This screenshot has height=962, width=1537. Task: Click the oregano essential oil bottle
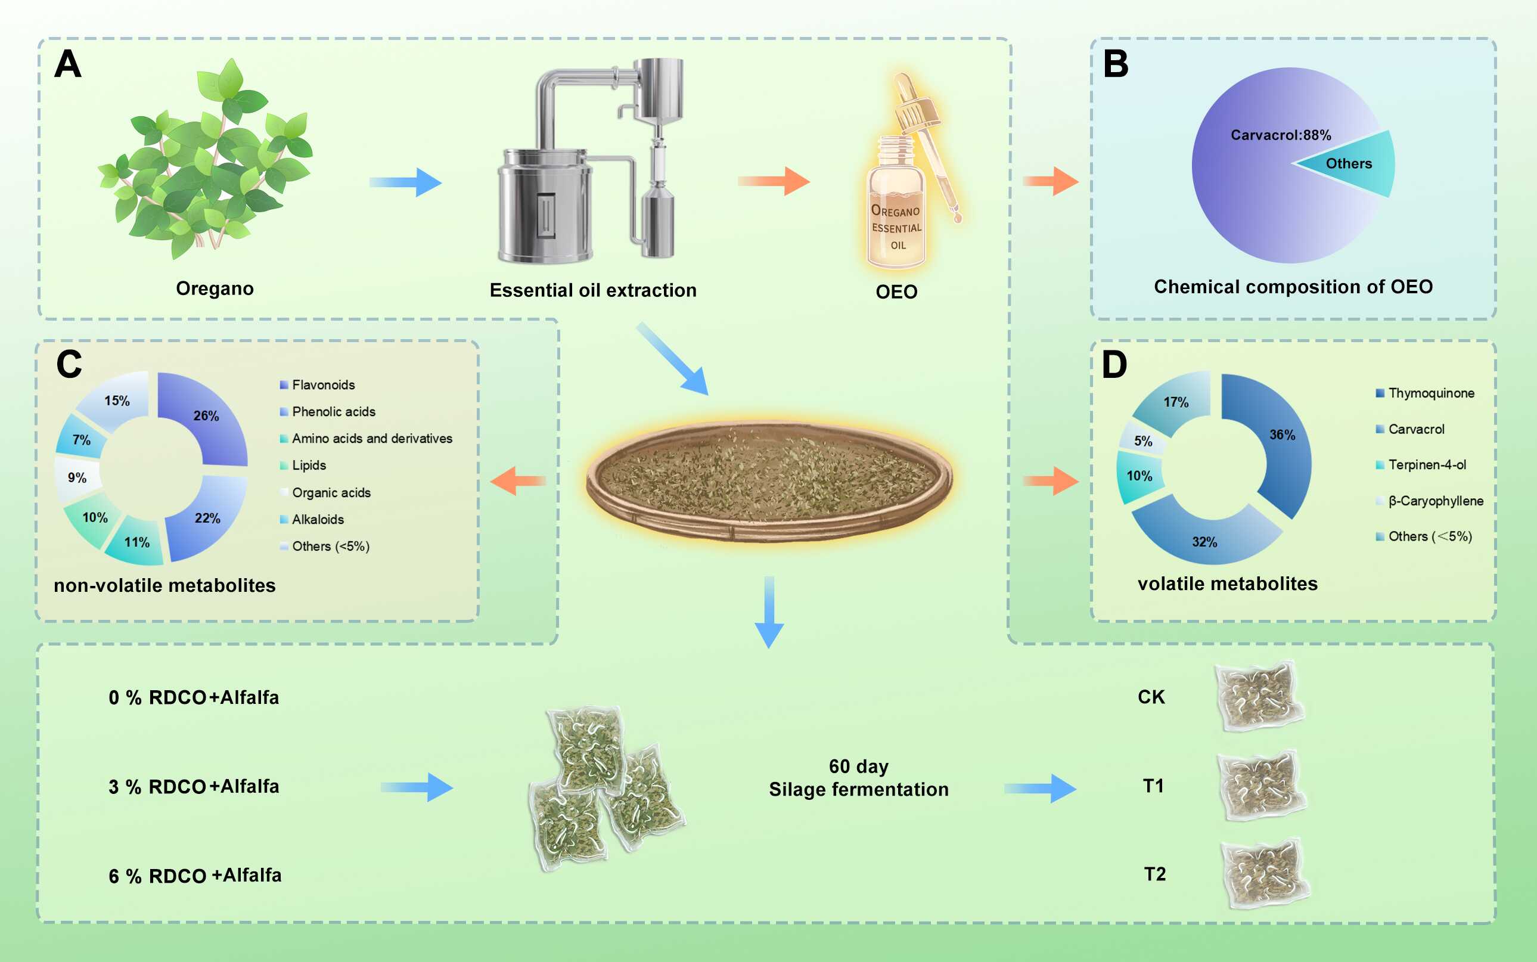pyautogui.click(x=897, y=210)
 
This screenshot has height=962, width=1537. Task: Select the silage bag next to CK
pyautogui.click(x=1258, y=697)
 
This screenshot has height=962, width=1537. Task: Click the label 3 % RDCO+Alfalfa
pyautogui.click(x=194, y=787)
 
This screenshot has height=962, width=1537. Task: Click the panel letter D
pyautogui.click(x=1114, y=365)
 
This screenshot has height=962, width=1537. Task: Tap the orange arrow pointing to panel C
pyautogui.click(x=518, y=481)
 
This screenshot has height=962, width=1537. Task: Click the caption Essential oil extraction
pyautogui.click(x=593, y=291)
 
